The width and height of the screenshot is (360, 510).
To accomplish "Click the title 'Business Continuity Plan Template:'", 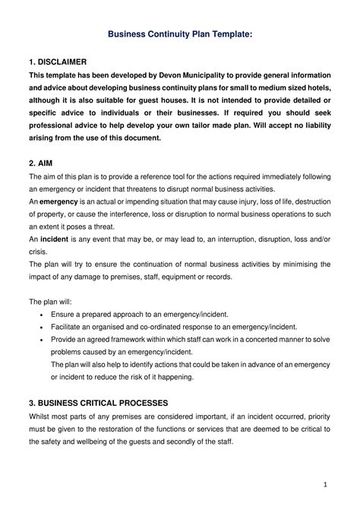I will point(179,34).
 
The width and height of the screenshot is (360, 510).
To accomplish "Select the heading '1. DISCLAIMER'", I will point(58,61).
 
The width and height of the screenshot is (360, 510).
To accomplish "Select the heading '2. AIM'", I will point(42,163).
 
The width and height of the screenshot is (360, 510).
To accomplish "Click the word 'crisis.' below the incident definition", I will point(39,251).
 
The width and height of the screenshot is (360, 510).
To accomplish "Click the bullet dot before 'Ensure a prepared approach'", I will point(40,314).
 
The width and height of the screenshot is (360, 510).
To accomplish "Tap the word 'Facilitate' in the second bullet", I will point(68,326).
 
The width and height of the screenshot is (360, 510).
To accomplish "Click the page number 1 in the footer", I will point(324,483).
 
